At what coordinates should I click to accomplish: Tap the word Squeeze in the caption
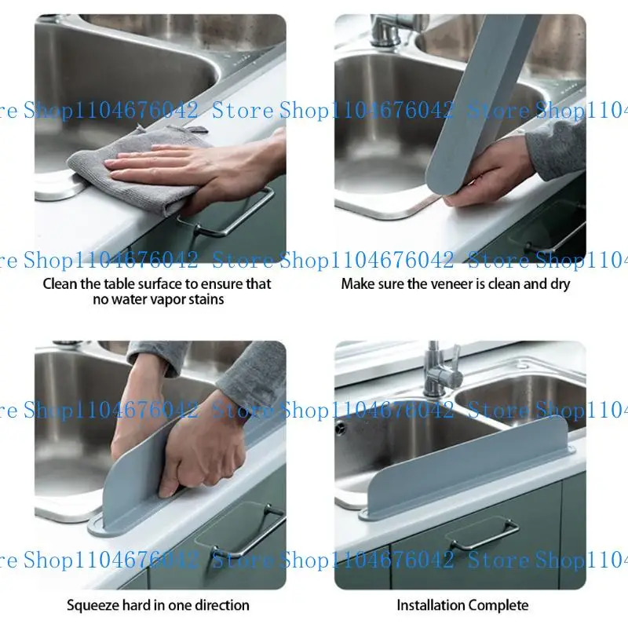click(x=93, y=605)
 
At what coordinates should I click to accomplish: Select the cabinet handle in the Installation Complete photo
click(x=483, y=534)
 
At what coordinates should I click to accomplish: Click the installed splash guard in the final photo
click(x=471, y=463)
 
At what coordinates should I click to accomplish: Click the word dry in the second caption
click(x=559, y=284)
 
